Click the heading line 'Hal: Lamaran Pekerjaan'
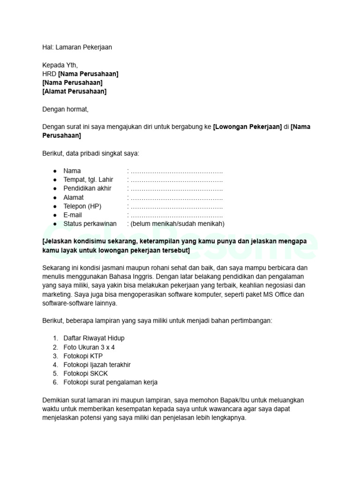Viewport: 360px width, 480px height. (77, 47)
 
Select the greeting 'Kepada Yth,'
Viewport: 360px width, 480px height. (60, 65)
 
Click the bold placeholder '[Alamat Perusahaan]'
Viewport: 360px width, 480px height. (74, 91)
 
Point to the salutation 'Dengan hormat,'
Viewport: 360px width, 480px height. (65, 109)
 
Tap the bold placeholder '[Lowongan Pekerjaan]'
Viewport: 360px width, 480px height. (247, 127)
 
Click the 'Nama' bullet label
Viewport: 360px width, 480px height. (72, 171)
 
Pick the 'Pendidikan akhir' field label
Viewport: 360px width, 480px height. (87, 188)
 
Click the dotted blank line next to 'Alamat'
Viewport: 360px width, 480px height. (176, 197)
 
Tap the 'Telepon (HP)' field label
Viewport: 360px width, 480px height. (82, 206)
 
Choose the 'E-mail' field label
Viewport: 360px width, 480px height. (73, 215)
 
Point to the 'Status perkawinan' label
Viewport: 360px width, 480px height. (90, 224)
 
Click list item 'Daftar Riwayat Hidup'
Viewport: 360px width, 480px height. (94, 338)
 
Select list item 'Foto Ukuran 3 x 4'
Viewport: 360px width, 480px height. (89, 347)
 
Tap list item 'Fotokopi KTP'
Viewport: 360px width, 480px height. (83, 356)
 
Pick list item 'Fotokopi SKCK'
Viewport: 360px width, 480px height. (86, 374)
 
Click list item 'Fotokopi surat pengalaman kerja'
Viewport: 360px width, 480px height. (111, 382)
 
